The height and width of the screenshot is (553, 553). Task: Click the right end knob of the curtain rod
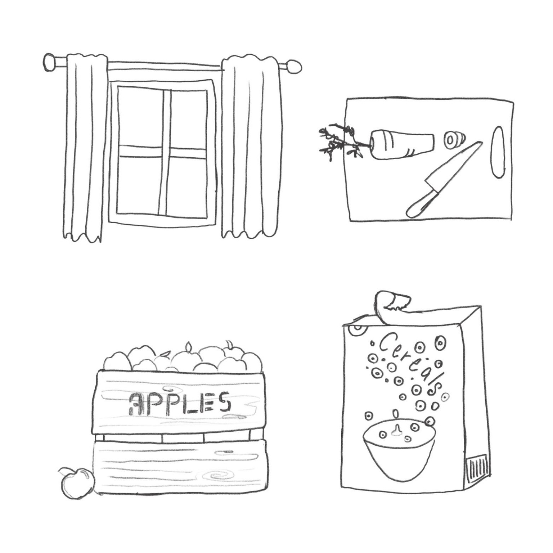pyautogui.click(x=295, y=67)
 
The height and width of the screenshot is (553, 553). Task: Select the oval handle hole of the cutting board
pyautogui.click(x=498, y=152)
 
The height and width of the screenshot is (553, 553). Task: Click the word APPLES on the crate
pyautogui.click(x=179, y=403)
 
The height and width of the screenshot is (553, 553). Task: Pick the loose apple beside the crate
pyautogui.click(x=77, y=483)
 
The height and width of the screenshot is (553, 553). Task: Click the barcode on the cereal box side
pyautogui.click(x=477, y=468)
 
